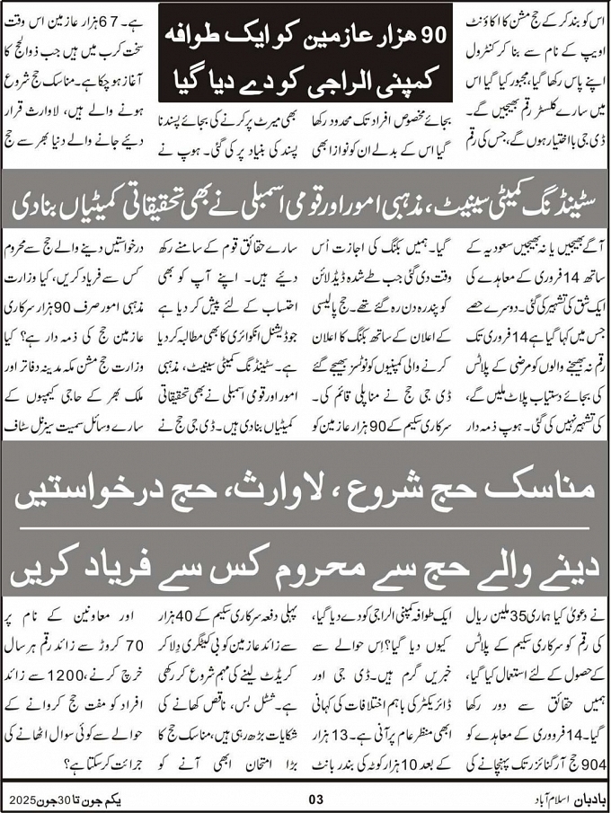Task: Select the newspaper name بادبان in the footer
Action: [580, 798]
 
